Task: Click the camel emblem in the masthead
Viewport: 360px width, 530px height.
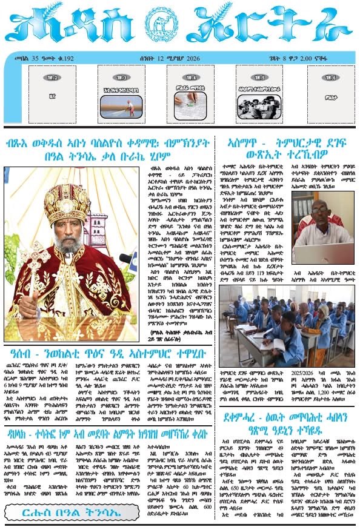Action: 179,28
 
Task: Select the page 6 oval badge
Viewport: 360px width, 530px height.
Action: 330,78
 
